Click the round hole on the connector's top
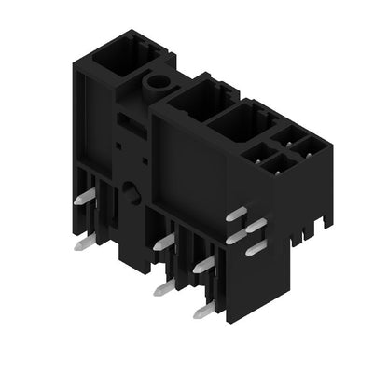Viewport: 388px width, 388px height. pos(154,82)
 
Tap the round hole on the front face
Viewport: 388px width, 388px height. pos(129,194)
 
